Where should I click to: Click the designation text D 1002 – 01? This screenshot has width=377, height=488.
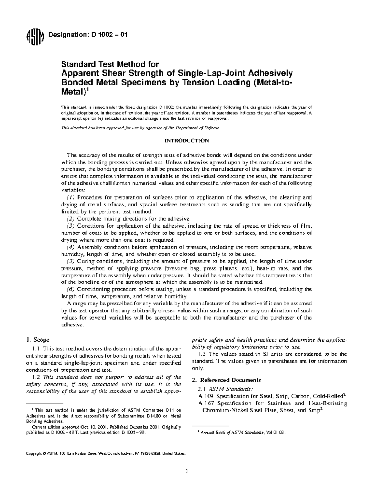click(87, 35)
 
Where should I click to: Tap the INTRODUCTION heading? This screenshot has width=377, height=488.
click(187, 140)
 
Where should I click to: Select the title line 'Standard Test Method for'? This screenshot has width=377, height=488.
click(110, 64)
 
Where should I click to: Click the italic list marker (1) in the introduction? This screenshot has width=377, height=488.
click(71, 198)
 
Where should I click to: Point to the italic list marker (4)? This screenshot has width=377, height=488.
click(71, 247)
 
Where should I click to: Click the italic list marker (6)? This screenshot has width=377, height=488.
click(71, 289)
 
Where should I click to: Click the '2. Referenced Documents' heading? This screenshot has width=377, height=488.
click(226, 380)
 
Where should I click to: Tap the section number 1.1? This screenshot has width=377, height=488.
click(37, 348)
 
